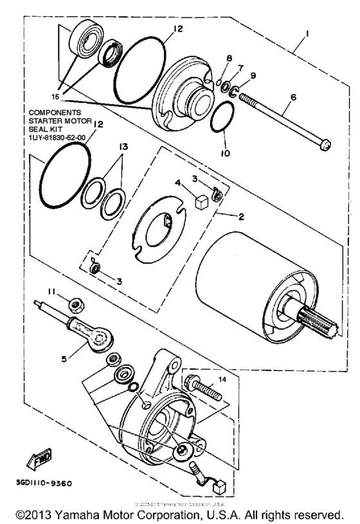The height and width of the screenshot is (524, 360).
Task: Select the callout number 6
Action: [293, 98]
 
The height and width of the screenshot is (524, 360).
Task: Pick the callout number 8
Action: [228, 59]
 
